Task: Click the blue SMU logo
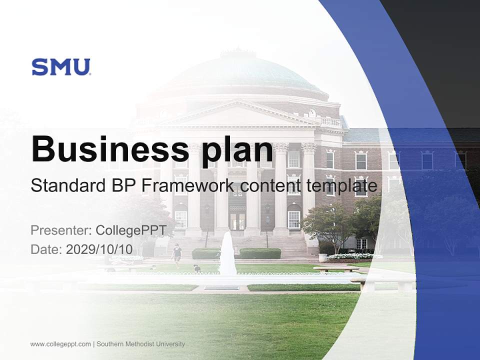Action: pyautogui.click(x=61, y=67)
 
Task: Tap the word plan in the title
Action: pyautogui.click(x=237, y=150)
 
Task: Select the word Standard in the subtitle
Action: pyautogui.click(x=66, y=186)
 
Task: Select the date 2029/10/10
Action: pyautogui.click(x=99, y=249)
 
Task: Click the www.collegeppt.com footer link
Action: pyautogui.click(x=60, y=344)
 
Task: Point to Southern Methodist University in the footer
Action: pyautogui.click(x=140, y=344)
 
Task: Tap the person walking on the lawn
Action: pyautogui.click(x=176, y=253)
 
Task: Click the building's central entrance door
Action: pyautogui.click(x=237, y=220)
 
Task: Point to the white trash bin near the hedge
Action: pyautogui.click(x=322, y=257)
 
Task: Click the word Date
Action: pyautogui.click(x=45, y=249)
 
